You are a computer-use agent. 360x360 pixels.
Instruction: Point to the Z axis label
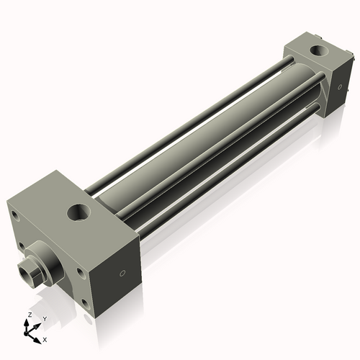(28, 315)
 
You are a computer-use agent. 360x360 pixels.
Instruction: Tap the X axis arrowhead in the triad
(39, 336)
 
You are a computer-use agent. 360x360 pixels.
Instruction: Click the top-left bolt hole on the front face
(14, 215)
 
